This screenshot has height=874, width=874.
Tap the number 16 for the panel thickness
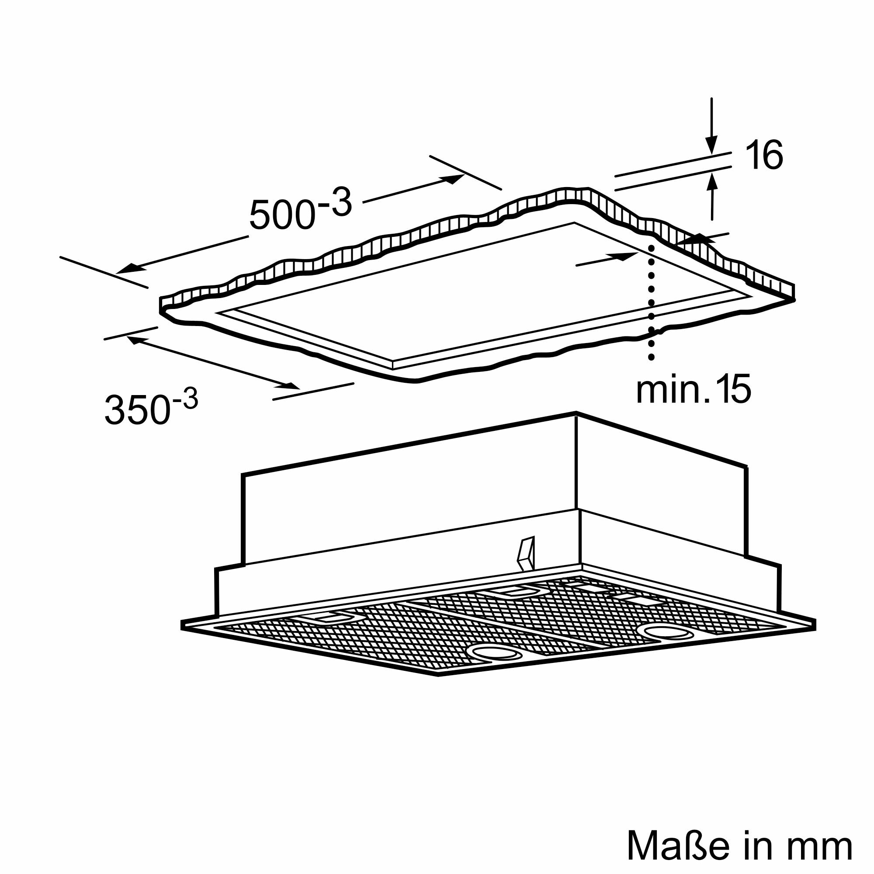tap(763, 155)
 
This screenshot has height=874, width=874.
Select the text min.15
tap(694, 388)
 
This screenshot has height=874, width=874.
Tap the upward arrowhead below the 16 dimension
tap(712, 184)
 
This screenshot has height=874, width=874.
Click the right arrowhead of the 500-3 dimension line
tap(453, 179)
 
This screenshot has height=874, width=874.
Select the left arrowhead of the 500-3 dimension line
tap(128, 269)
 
